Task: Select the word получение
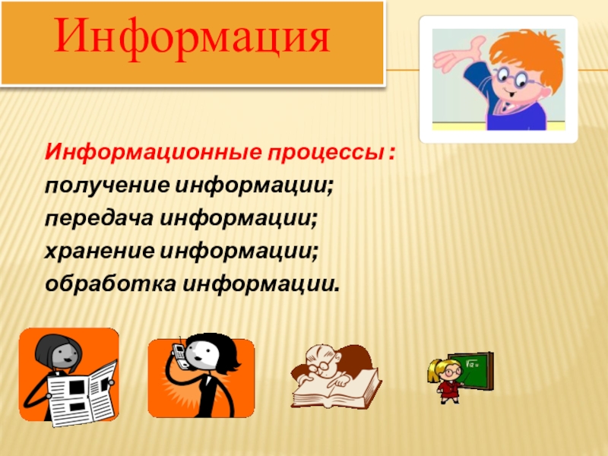107,186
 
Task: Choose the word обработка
110,283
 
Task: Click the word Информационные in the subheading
154,152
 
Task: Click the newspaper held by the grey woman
81,394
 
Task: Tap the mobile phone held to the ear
179,352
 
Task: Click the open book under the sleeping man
337,390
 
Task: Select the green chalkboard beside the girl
470,371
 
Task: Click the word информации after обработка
261,283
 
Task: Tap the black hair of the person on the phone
222,351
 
